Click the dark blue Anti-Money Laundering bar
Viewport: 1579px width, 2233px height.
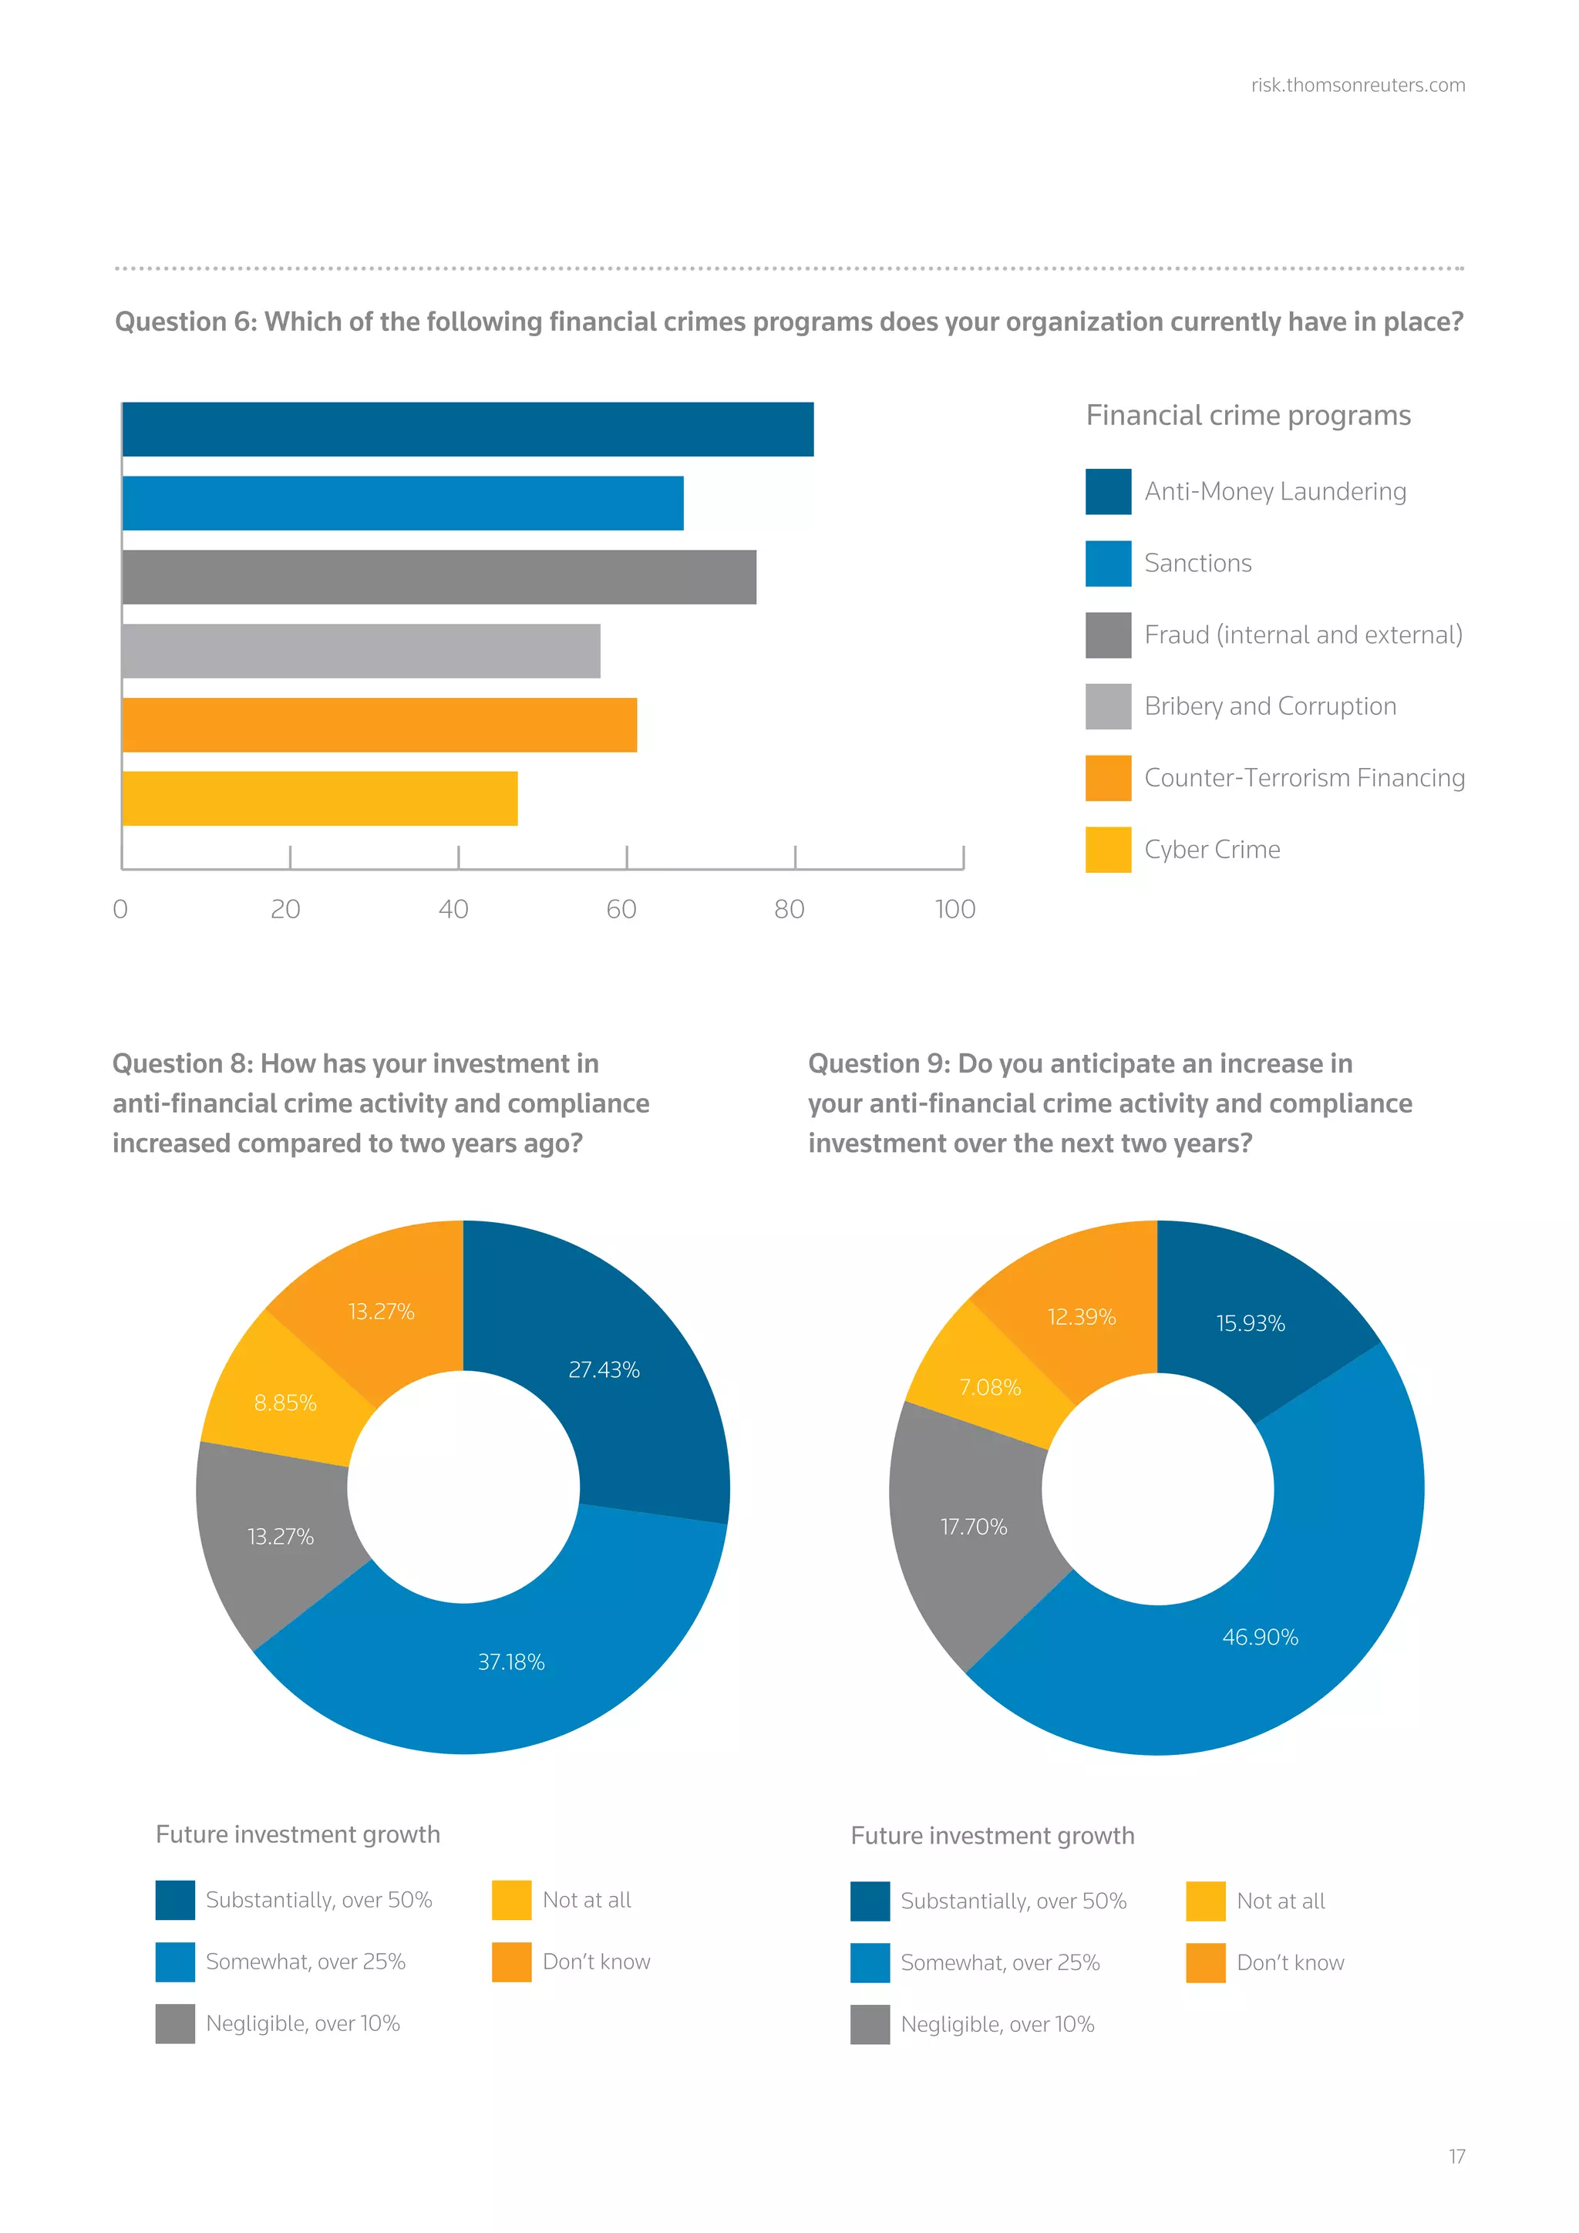466,429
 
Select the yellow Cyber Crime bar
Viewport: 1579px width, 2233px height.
320,799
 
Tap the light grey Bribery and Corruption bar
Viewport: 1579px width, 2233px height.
361,651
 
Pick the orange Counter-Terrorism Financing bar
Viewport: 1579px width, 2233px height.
379,725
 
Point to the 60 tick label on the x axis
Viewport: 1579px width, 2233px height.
621,909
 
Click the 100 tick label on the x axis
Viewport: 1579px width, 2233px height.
954,909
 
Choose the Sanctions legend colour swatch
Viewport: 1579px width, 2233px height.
1107,563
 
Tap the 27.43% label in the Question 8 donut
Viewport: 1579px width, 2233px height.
604,1369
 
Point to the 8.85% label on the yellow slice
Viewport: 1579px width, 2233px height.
284,1403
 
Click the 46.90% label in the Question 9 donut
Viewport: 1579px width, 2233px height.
1260,1637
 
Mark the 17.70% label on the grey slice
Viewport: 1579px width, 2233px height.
973,1527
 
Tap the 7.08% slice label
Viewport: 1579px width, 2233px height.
990,1387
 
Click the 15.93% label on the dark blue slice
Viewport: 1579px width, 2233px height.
1251,1322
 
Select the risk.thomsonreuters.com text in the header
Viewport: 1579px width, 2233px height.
1357,86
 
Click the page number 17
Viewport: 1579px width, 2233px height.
1456,2156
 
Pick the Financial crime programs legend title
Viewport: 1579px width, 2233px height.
1247,416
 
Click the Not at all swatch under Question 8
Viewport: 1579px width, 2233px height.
511,1899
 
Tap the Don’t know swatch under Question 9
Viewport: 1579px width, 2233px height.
1206,1962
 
